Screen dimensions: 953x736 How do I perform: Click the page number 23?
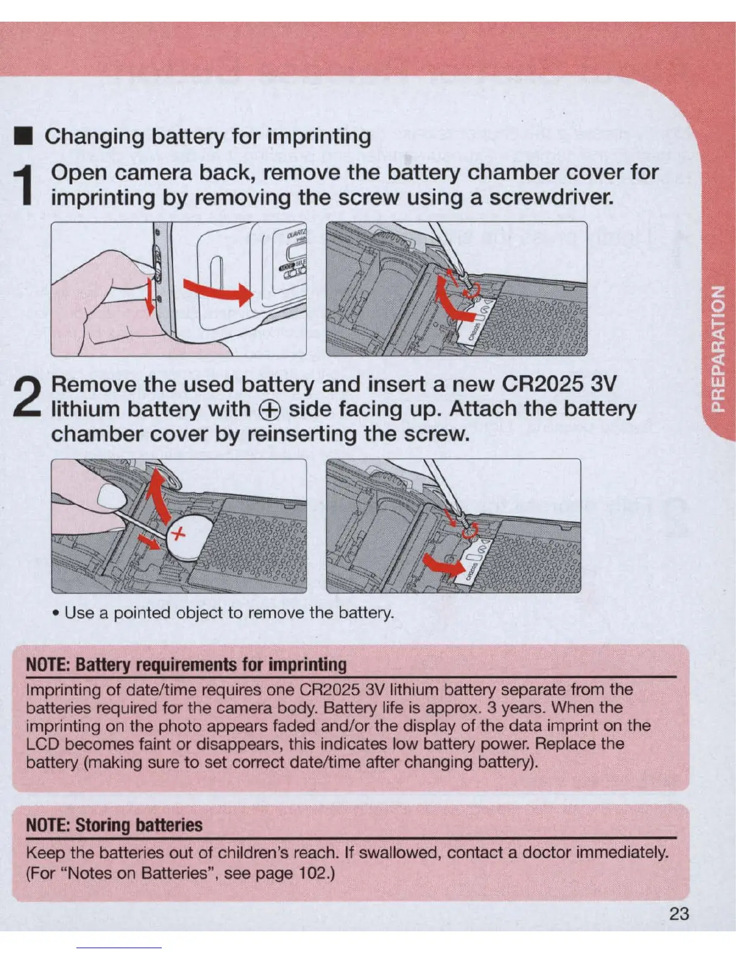(679, 913)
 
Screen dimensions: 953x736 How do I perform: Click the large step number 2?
(27, 396)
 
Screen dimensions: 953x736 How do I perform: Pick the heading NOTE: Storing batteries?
(114, 825)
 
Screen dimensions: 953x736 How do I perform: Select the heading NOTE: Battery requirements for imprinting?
(186, 665)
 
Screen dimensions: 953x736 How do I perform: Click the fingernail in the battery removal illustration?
(111, 497)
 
